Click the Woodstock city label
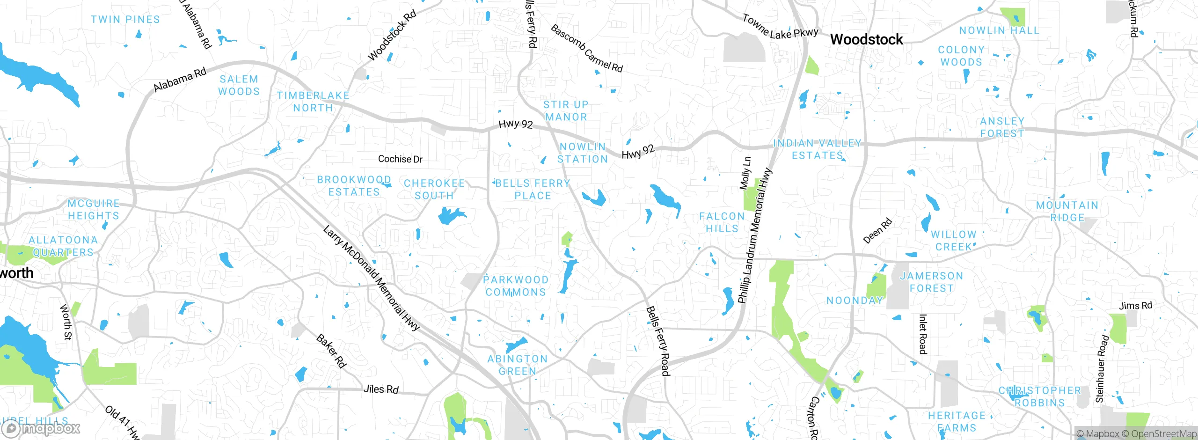click(866, 39)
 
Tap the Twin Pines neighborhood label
click(125, 20)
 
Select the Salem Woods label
click(239, 85)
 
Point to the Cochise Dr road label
click(400, 159)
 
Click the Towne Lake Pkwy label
click(780, 27)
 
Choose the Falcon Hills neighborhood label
click(722, 222)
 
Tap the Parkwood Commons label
click(516, 286)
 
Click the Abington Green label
click(517, 365)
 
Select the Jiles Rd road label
click(381, 389)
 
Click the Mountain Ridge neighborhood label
click(1067, 211)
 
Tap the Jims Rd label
click(1135, 306)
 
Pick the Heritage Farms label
click(957, 421)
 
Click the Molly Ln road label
click(745, 173)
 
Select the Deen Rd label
click(877, 231)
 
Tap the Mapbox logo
click(41, 428)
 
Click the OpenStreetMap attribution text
click(1163, 434)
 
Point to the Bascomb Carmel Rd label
click(586, 49)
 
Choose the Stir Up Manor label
click(566, 111)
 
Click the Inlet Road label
click(922, 334)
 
